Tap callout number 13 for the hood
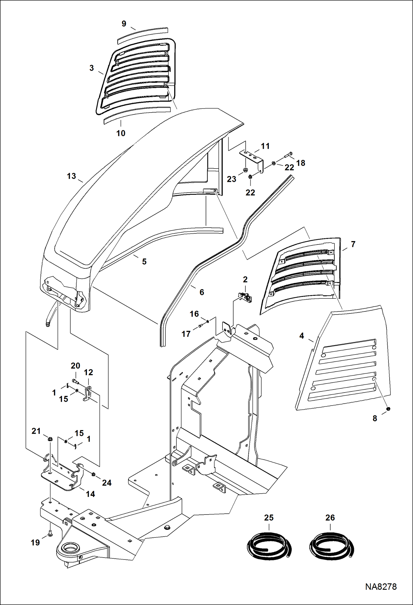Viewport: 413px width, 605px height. click(71, 176)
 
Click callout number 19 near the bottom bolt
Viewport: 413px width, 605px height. click(35, 543)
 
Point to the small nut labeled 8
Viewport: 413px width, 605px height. click(388, 409)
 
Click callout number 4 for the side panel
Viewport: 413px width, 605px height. click(302, 336)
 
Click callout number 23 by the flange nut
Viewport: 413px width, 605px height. click(232, 179)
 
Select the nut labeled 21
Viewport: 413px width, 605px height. click(50, 439)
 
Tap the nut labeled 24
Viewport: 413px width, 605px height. click(93, 474)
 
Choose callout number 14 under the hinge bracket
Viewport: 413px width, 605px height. click(90, 494)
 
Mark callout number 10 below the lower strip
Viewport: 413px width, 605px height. click(121, 133)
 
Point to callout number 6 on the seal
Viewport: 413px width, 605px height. click(202, 292)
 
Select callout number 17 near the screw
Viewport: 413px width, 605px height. click(186, 334)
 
